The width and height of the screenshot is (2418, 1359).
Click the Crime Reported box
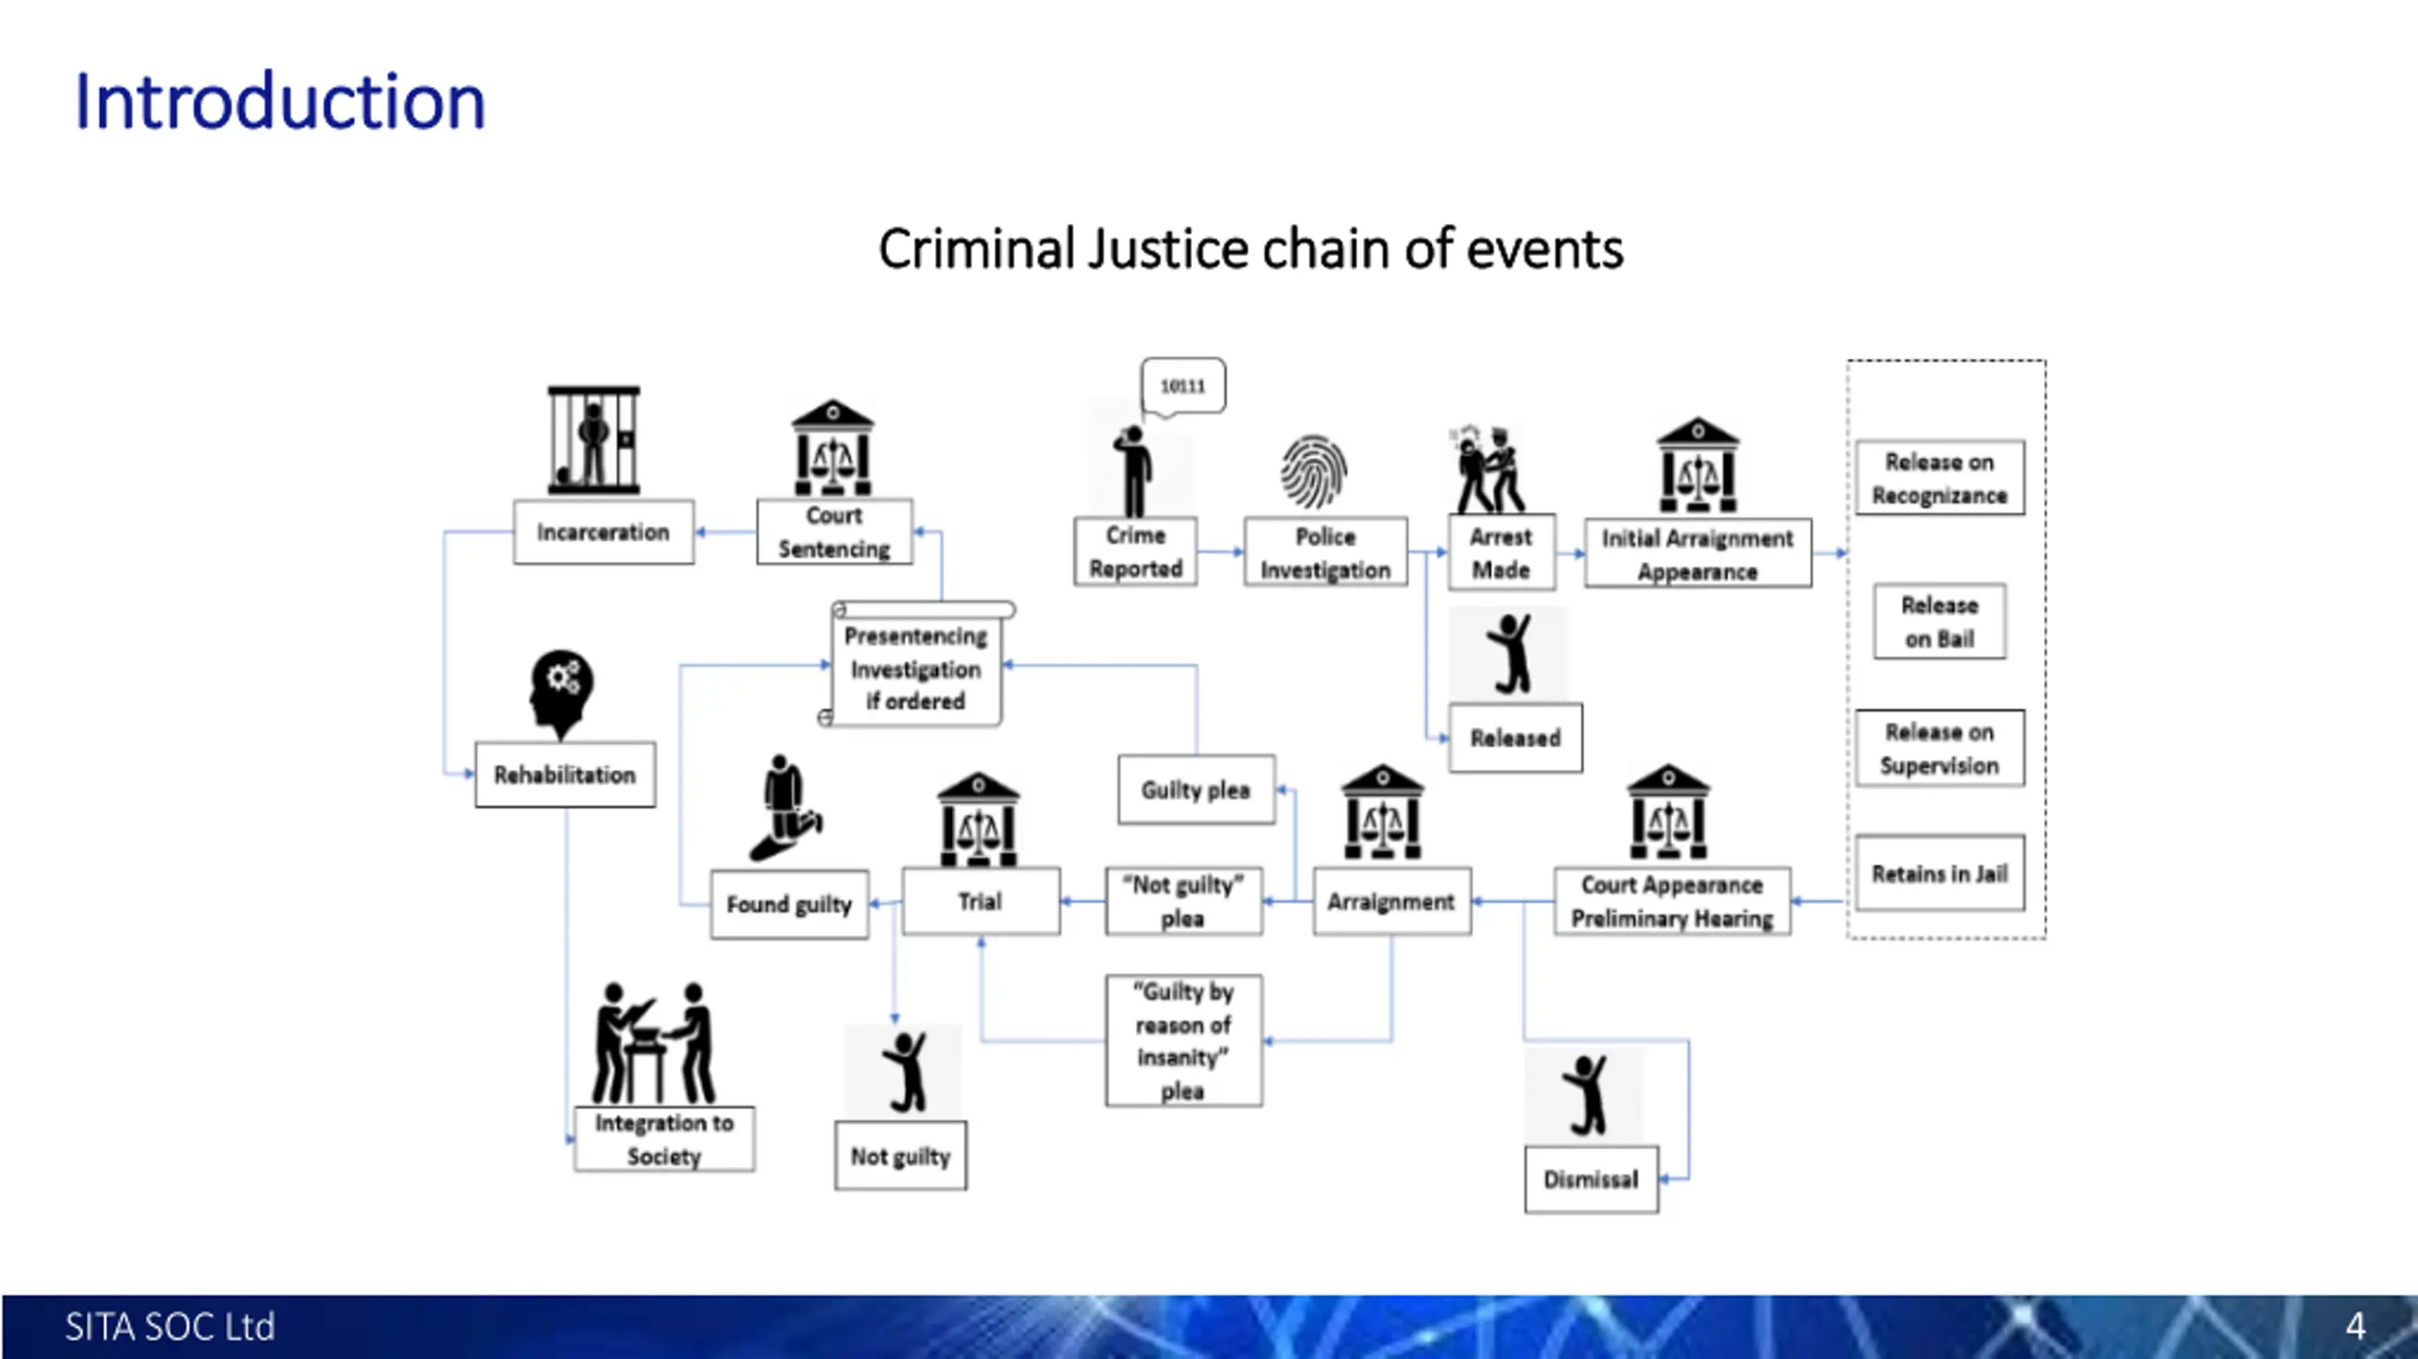pos(1135,552)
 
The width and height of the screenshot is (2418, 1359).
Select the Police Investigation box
pos(1325,552)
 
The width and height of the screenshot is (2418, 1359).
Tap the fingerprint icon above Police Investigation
pos(1314,471)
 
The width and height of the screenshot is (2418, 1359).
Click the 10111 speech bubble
pos(1183,385)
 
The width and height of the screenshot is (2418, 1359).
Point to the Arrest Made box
pos(1501,552)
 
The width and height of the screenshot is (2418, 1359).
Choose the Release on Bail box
pos(1939,621)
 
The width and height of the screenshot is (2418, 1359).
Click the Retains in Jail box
pos(1939,873)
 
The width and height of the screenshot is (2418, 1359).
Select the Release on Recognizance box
pos(1939,478)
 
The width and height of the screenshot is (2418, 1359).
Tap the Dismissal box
pos(1591,1179)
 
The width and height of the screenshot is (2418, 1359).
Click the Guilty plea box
pos(1196,790)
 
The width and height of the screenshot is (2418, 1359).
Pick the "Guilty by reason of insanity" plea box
pos(1183,1040)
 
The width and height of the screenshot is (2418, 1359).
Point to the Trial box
pos(980,901)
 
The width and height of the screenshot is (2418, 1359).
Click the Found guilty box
pos(789,904)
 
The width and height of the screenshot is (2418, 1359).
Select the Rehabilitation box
pos(565,774)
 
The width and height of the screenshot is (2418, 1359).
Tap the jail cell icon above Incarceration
pos(594,440)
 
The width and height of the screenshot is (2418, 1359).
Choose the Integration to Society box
pos(664,1139)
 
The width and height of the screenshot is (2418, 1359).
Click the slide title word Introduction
pos(280,101)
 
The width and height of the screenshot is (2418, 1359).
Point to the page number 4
pos(2356,1326)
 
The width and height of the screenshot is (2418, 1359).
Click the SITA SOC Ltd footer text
pos(170,1326)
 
